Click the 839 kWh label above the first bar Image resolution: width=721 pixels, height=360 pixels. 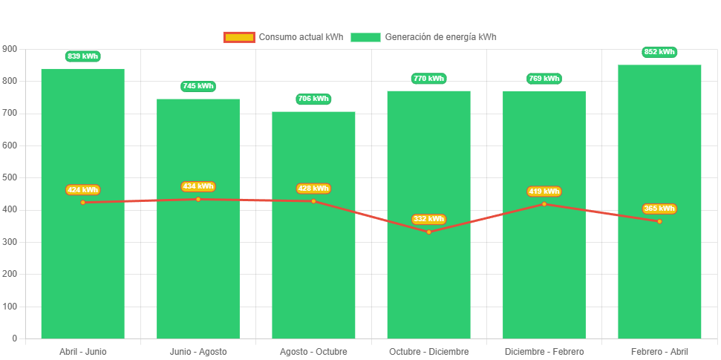82,56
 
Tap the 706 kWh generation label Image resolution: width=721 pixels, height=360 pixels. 313,99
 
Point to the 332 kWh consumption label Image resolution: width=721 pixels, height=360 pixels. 428,219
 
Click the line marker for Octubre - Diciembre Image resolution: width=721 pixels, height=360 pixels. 428,232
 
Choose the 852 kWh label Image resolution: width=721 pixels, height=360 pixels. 659,52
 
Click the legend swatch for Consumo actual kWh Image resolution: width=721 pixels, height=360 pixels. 238,37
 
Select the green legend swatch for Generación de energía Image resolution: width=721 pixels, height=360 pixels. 365,37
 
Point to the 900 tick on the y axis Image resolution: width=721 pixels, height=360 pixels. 10,48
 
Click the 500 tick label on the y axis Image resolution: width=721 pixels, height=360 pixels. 10,177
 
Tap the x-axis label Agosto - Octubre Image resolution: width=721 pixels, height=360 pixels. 313,351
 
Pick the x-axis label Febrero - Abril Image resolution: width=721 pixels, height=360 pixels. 659,351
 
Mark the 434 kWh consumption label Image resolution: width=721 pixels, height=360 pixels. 198,186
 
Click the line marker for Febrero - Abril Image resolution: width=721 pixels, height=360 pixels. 659,221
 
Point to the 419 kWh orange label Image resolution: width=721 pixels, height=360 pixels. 544,192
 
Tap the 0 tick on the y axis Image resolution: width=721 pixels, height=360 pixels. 14,338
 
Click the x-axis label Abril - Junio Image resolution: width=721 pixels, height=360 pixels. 82,351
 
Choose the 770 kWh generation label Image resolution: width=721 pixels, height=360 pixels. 428,78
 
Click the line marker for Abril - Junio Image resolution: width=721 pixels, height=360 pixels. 82,203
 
